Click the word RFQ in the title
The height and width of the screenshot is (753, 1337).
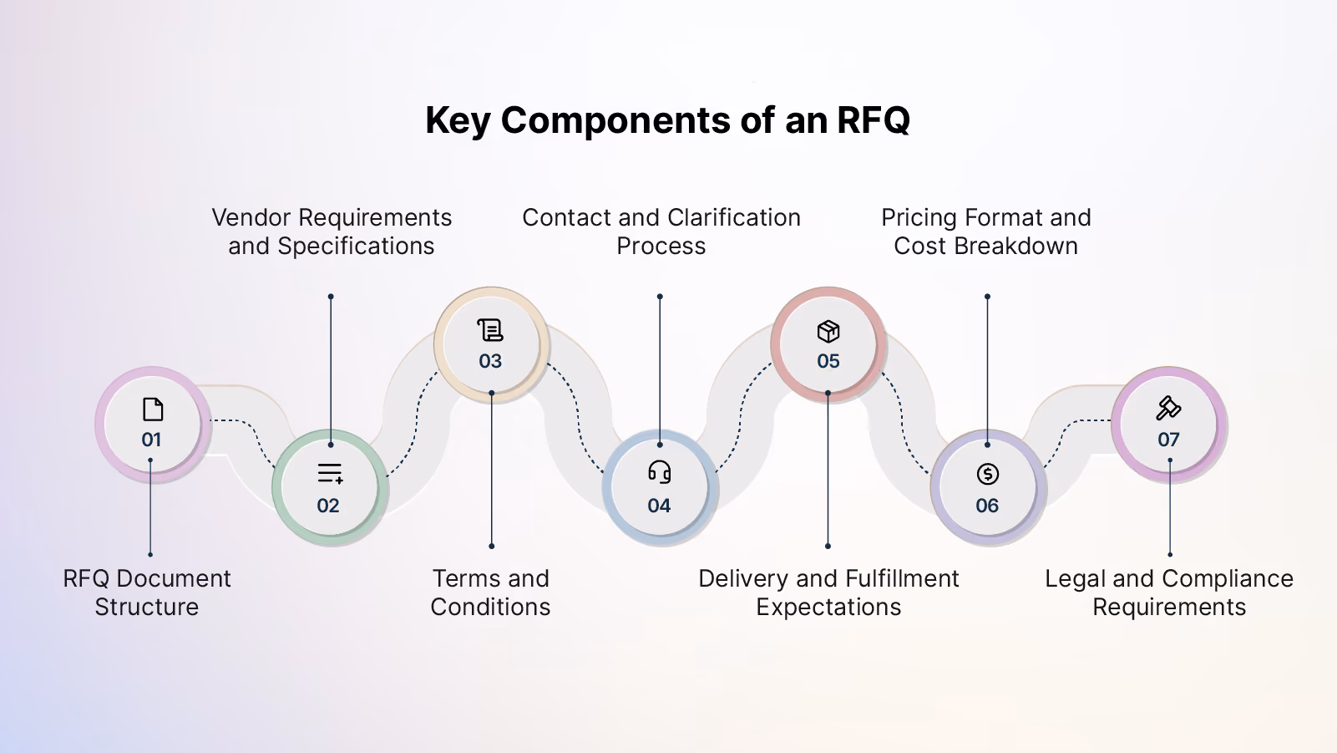tap(874, 120)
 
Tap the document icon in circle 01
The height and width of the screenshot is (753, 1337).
tap(153, 410)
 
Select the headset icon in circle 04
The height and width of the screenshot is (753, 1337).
tap(660, 471)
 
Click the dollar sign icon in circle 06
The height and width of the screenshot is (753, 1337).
tap(987, 474)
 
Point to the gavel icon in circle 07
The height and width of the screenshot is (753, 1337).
tap(1168, 409)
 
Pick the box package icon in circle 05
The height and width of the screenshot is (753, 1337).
tap(828, 332)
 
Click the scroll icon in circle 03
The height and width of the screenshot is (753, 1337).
tap(490, 330)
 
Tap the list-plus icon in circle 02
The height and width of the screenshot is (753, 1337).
tap(330, 474)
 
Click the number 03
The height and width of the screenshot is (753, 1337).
tap(490, 361)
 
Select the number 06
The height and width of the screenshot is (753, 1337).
tap(987, 506)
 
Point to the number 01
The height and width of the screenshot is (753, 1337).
tap(152, 440)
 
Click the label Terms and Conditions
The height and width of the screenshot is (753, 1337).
tap(490, 593)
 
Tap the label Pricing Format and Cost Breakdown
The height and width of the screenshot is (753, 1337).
tap(986, 231)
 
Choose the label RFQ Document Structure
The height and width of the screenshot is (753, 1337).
tap(147, 593)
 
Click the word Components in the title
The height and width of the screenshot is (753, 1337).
tap(615, 121)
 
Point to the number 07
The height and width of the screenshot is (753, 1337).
tap(1168, 440)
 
